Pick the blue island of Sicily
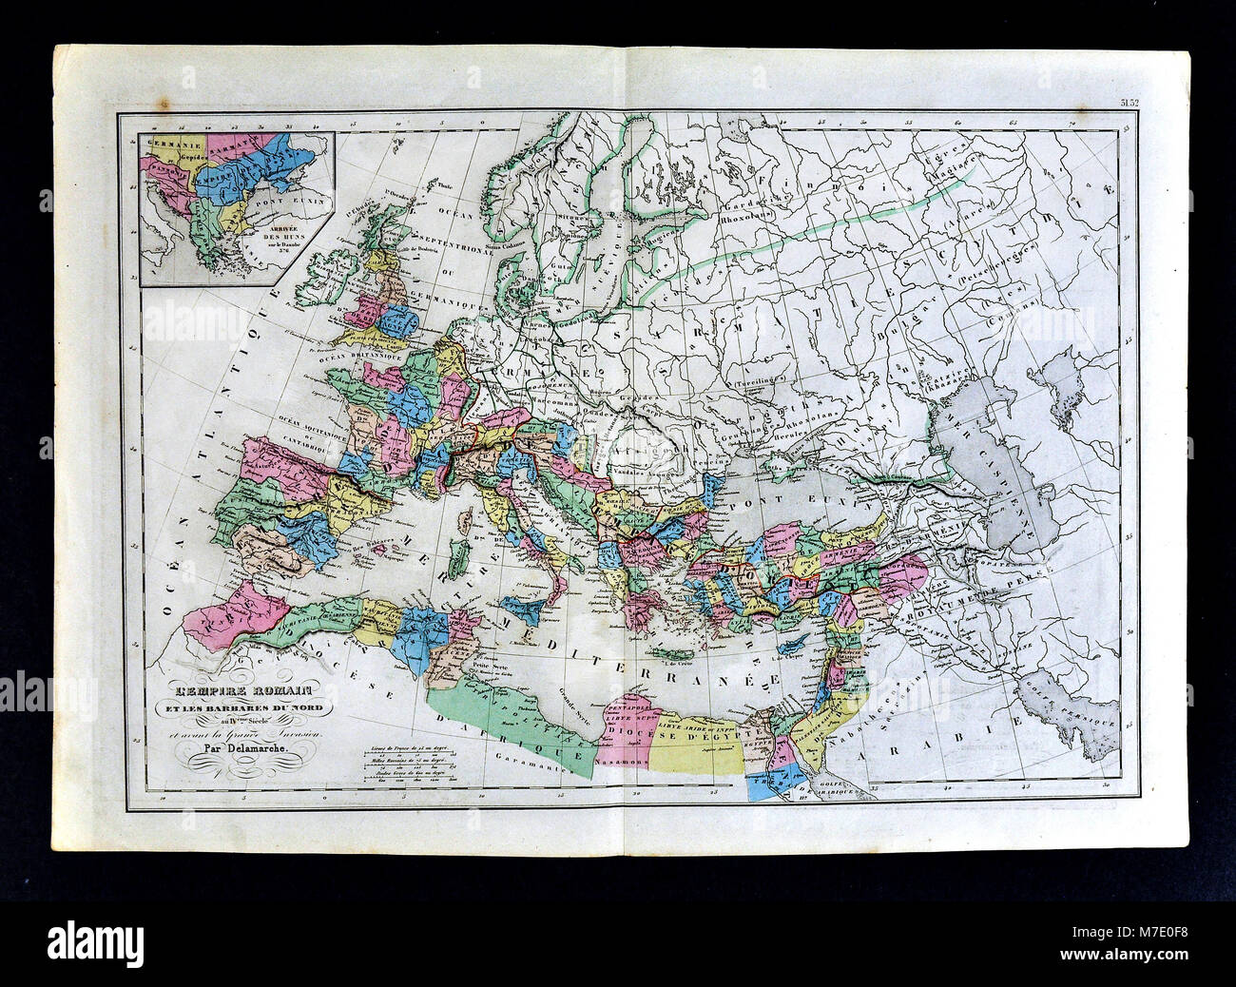521,606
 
